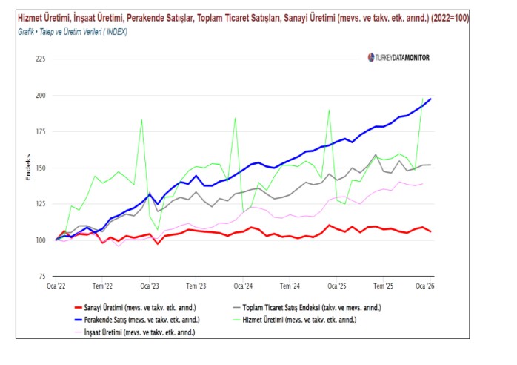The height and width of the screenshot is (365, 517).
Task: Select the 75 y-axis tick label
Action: pyautogui.click(x=41, y=277)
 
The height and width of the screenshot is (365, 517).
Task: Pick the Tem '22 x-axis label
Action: pyautogui.click(x=102, y=286)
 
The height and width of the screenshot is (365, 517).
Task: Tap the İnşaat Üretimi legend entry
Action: pyautogui.click(x=141, y=332)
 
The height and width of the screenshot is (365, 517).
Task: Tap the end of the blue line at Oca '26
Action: pyautogui.click(x=431, y=99)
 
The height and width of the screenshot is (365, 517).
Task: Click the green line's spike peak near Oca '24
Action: pyautogui.click(x=235, y=118)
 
